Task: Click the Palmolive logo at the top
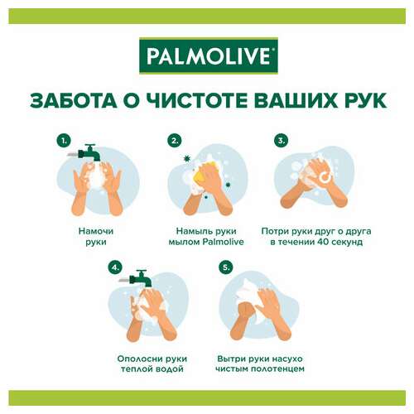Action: point(207,56)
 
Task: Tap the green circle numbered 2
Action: point(174,142)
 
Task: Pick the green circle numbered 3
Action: point(282,142)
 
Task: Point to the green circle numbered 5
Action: point(224,267)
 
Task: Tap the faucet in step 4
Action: point(142,279)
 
